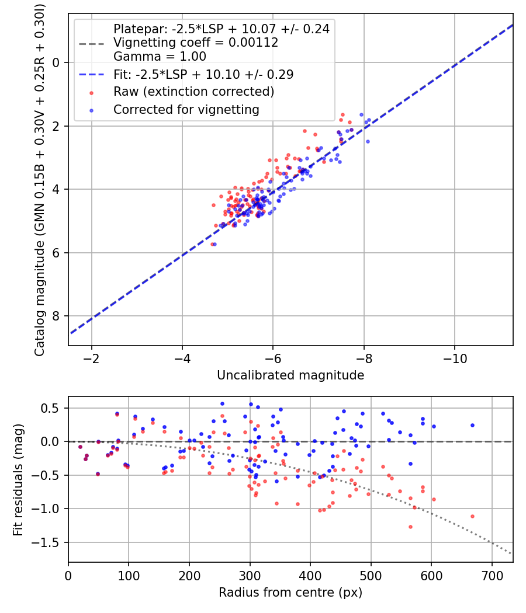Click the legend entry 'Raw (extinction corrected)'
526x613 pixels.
point(193,92)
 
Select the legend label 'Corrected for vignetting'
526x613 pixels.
point(186,109)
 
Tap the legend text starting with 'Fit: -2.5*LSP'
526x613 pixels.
point(203,74)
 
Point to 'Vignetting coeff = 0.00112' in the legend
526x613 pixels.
point(196,43)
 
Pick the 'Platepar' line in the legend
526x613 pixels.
point(221,29)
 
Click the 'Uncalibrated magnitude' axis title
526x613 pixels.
point(290,375)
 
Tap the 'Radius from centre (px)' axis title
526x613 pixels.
point(290,593)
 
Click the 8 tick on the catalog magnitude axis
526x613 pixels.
point(56,316)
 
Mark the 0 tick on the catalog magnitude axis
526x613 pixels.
point(56,62)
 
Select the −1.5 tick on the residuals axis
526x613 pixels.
point(49,542)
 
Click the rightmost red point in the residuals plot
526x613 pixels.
point(472,516)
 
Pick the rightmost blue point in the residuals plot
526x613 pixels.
point(472,425)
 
